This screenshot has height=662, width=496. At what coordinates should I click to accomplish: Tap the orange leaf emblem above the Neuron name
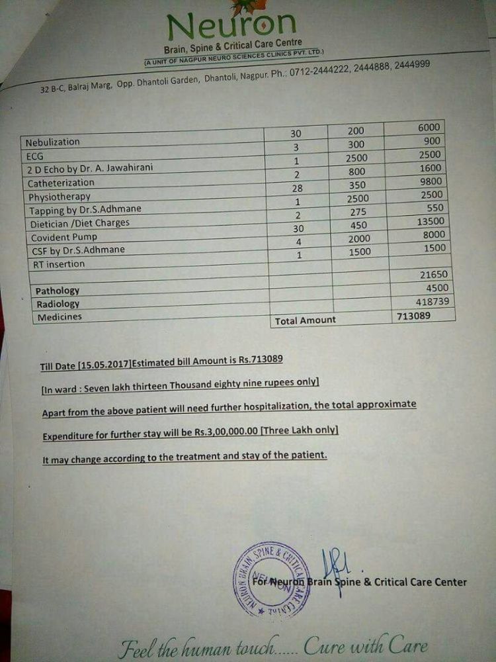tap(240, 7)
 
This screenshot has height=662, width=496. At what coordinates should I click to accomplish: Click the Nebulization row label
tap(52, 142)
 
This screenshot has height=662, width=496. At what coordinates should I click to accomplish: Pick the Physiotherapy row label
tap(60, 197)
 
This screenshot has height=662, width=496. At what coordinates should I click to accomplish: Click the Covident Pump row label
tap(64, 236)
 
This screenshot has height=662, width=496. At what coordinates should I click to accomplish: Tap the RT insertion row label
tap(59, 263)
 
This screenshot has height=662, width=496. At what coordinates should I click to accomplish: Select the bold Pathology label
tap(57, 291)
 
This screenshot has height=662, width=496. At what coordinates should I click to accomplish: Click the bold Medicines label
tap(60, 316)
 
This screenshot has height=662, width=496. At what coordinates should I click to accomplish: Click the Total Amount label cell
tap(305, 320)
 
